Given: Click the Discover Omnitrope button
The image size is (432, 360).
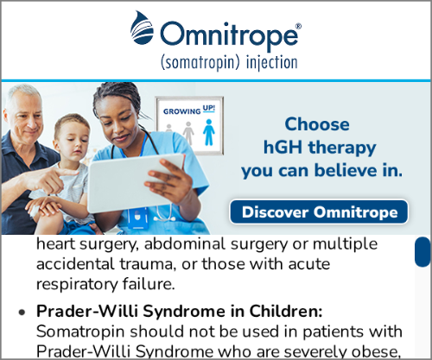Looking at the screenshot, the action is tap(319, 212).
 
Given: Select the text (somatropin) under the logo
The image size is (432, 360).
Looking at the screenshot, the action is tap(200, 63).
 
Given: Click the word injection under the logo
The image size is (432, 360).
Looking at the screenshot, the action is tap(272, 63).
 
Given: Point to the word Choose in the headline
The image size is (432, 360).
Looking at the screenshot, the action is tap(317, 124).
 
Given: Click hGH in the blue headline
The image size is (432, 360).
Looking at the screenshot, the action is tap(283, 147).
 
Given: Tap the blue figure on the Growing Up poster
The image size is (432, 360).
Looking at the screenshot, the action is tap(209, 132).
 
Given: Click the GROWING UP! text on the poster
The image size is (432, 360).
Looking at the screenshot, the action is tap(189, 110).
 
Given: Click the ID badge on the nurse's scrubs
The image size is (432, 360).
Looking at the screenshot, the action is tap(138, 218).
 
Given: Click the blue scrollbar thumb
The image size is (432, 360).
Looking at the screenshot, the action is tap(422, 251).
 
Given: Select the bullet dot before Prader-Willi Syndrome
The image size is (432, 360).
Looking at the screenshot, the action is tap(22, 313).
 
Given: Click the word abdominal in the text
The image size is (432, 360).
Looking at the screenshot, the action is tap(185, 244).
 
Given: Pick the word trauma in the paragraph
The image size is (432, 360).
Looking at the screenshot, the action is tap(148, 264).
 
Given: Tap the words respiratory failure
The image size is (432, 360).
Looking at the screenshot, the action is tap(105, 284).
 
